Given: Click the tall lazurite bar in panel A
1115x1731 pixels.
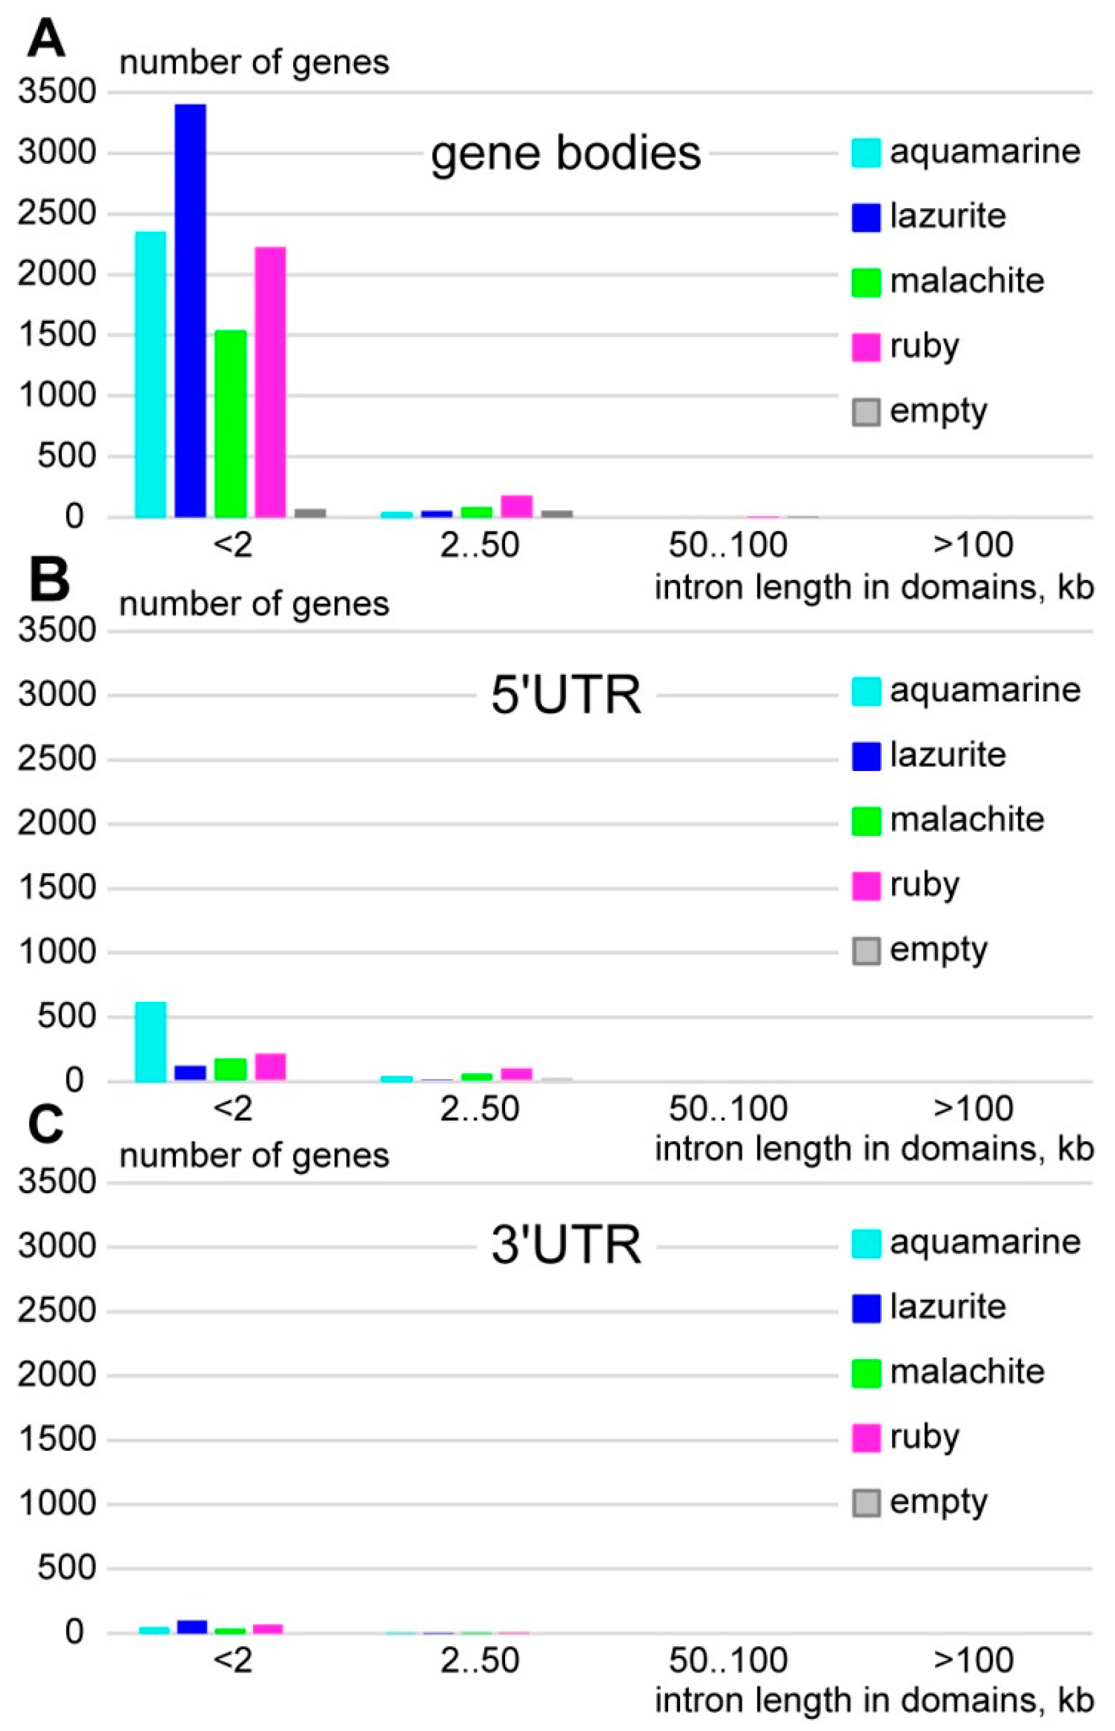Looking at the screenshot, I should (x=190, y=311).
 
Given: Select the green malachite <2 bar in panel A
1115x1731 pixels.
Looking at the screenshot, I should (x=231, y=423).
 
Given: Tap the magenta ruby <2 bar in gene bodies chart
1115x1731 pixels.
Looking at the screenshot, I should (x=270, y=382).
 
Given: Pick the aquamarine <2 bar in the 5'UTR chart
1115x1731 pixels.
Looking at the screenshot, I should (x=151, y=1042).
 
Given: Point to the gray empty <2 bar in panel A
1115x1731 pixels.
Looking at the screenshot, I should (x=310, y=512).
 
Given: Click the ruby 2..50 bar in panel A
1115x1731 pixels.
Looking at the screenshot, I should (x=516, y=506).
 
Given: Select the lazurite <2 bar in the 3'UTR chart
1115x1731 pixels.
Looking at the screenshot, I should (x=192, y=1626).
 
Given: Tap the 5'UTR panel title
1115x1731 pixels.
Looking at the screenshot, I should (x=565, y=695).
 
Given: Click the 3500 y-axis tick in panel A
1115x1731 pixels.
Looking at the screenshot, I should (x=57, y=92).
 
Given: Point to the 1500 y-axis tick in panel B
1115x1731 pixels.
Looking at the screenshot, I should (x=57, y=888).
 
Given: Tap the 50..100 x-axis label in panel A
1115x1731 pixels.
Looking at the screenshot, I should (x=727, y=545).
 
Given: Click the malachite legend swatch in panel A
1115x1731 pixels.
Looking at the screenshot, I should (x=866, y=281).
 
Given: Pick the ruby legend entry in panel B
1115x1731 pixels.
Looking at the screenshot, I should (x=924, y=885).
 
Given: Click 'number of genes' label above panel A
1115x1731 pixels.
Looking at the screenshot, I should (x=254, y=63).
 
